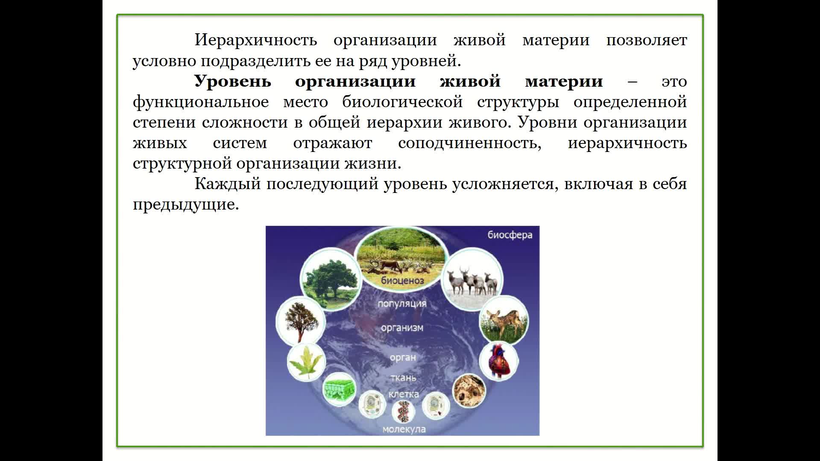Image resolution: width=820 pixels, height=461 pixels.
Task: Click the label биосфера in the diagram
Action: pos(510,235)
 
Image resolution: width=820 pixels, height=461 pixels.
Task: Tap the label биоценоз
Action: pos(402,281)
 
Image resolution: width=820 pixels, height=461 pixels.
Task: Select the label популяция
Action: pos(402,304)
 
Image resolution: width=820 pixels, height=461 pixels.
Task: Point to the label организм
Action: pos(402,328)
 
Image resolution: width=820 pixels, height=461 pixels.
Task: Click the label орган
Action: pos(402,358)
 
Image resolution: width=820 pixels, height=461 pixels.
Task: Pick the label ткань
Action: pos(403,378)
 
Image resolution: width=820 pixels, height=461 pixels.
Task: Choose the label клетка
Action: pos(404,394)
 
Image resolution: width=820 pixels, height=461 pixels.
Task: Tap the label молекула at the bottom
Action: pos(404,429)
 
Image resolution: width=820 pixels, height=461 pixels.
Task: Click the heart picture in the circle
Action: pos(498,362)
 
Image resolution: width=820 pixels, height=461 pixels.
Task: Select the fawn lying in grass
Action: pos(504,320)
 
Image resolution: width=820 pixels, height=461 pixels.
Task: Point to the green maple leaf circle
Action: pos(306,362)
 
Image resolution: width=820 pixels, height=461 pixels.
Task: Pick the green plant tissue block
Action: pos(340,390)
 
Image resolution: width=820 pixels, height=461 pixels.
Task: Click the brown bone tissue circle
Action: pos(469,391)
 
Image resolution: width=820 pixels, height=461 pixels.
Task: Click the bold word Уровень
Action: pos(233,81)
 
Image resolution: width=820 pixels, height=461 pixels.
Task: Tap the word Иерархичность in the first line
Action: pos(256,40)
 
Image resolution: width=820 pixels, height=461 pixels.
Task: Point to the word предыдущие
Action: pos(186,205)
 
